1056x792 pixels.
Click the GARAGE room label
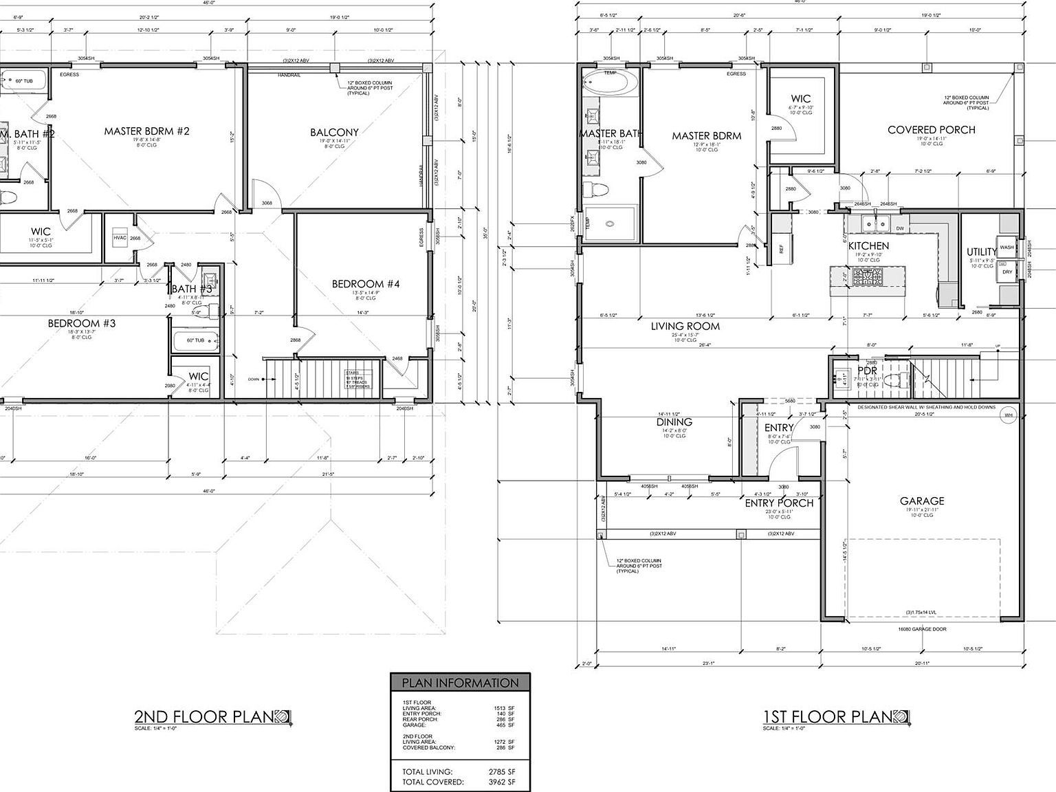pos(922,501)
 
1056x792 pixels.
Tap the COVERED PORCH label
pos(931,129)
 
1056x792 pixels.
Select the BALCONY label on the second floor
pos(334,132)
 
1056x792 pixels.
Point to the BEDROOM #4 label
pos(365,284)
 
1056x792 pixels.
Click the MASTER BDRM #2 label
pos(146,131)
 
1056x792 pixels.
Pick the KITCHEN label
pos(868,245)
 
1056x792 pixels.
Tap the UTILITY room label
pos(981,252)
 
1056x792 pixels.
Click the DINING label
pos(674,422)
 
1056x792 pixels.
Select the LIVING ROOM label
pos(685,326)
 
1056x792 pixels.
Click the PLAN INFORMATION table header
pos(460,683)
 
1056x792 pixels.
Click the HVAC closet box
pos(120,238)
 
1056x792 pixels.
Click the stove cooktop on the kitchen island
pos(868,276)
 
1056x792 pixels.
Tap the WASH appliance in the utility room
pos(1006,247)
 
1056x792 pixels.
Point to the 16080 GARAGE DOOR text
pos(922,628)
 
